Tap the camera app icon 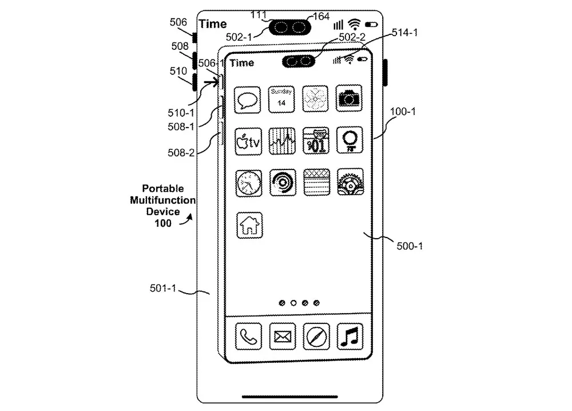coord(349,98)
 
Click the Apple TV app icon coord(248,141)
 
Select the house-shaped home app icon coord(249,224)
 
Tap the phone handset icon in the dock coord(249,336)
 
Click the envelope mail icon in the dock coord(283,336)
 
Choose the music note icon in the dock coord(349,336)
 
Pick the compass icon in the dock coord(316,336)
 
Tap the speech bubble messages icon coord(248,100)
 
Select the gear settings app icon coord(350,182)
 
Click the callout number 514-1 coord(404,33)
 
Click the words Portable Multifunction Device coord(163,200)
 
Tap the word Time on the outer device coord(213,24)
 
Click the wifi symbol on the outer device coord(355,24)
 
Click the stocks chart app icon coord(282,141)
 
